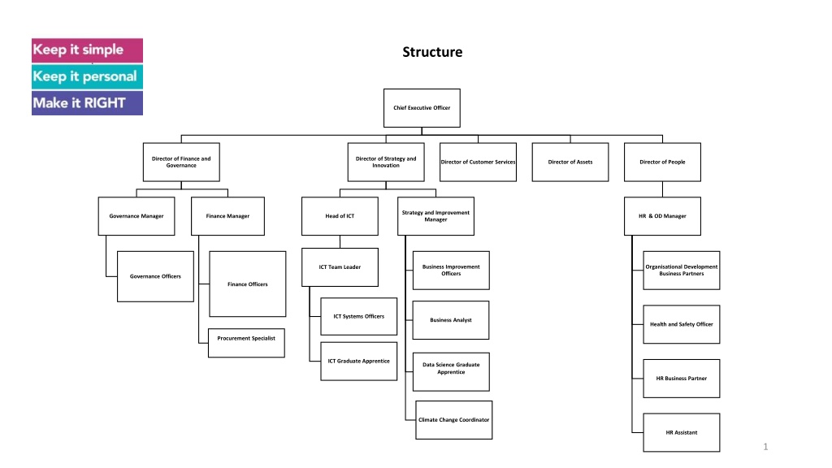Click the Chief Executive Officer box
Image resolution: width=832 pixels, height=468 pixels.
click(422, 108)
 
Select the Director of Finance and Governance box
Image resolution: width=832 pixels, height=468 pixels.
click(181, 162)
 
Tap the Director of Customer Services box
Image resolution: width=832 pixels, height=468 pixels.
click(478, 162)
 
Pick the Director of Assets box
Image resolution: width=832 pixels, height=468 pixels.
click(570, 162)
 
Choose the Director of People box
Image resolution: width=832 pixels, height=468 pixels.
click(662, 162)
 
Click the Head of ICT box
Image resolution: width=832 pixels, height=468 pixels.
click(340, 216)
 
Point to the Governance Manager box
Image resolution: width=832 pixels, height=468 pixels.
click(136, 216)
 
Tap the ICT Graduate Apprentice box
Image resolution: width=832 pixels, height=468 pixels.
click(358, 362)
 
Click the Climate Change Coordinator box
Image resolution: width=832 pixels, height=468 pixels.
click(453, 420)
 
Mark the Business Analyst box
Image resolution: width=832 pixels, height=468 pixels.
click(451, 320)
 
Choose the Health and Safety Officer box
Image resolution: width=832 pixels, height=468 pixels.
click(682, 324)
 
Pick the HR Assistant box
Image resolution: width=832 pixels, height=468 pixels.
click(682, 432)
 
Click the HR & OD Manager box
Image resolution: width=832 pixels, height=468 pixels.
click(662, 216)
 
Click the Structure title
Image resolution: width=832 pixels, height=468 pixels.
click(432, 52)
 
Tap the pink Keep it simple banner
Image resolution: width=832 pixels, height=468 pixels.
click(87, 50)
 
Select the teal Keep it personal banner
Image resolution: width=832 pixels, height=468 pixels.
click(87, 77)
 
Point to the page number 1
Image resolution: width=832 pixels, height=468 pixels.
click(765, 447)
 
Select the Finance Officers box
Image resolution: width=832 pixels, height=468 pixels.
click(248, 284)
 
